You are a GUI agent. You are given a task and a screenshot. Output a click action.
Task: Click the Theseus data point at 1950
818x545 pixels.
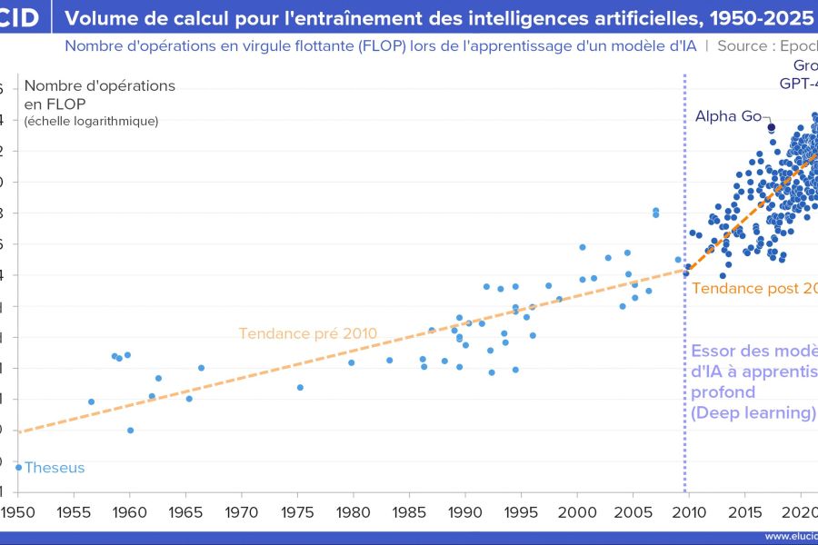click(x=18, y=467)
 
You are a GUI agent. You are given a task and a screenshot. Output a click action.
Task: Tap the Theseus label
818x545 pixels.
click(x=55, y=468)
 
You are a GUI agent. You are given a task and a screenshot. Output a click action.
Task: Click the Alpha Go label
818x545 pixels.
click(x=729, y=115)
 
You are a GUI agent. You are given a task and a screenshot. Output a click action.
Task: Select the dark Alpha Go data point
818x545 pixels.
click(x=771, y=127)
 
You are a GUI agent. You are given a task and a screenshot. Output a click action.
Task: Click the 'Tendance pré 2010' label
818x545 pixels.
click(x=307, y=333)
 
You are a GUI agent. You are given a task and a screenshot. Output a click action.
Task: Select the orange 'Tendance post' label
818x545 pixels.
click(x=754, y=288)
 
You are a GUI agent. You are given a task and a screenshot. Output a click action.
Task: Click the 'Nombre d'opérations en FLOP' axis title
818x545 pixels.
click(x=100, y=94)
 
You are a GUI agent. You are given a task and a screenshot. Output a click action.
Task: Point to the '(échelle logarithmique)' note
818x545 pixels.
click(x=91, y=121)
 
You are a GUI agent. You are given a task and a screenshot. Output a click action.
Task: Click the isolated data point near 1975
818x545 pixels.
click(x=300, y=387)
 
